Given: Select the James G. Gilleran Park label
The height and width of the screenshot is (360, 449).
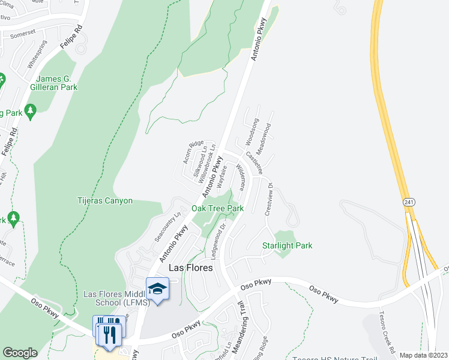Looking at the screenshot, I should (57, 83).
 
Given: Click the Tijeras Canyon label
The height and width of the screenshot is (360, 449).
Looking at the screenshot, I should (105, 201).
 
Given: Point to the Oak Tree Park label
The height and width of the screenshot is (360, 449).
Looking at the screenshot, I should (217, 208).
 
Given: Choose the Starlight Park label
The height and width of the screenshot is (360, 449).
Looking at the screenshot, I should (287, 245).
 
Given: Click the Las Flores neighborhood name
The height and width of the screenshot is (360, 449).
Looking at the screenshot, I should (190, 268).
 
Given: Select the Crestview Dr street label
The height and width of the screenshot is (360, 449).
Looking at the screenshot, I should (270, 197).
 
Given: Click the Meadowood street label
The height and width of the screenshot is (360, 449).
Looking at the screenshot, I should (264, 137).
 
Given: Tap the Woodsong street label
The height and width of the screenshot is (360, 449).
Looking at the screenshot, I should (252, 132).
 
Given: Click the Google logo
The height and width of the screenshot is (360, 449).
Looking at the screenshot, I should (20, 353).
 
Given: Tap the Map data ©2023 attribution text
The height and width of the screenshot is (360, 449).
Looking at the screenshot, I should (423, 355).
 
